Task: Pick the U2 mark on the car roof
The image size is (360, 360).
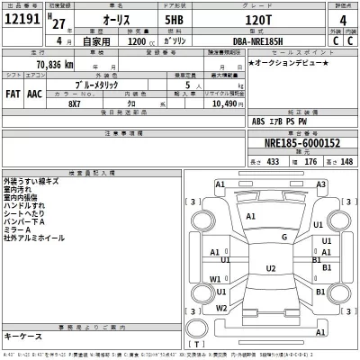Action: [x=270, y=268]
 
